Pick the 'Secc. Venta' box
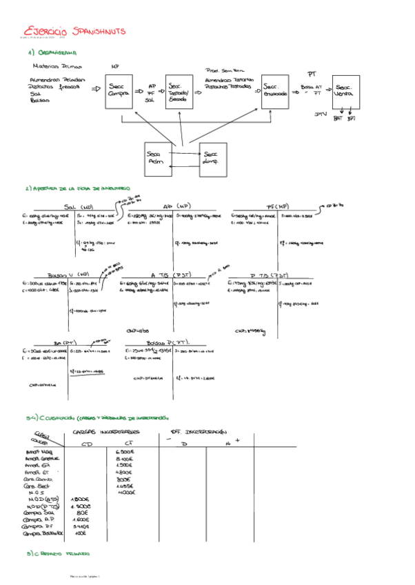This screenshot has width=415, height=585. [x=344, y=92]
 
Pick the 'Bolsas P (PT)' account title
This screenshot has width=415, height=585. [x=168, y=342]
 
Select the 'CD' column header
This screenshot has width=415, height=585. [x=87, y=444]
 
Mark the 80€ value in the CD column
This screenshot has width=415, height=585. [x=82, y=513]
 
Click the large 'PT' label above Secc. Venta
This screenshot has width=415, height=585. [x=312, y=72]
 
